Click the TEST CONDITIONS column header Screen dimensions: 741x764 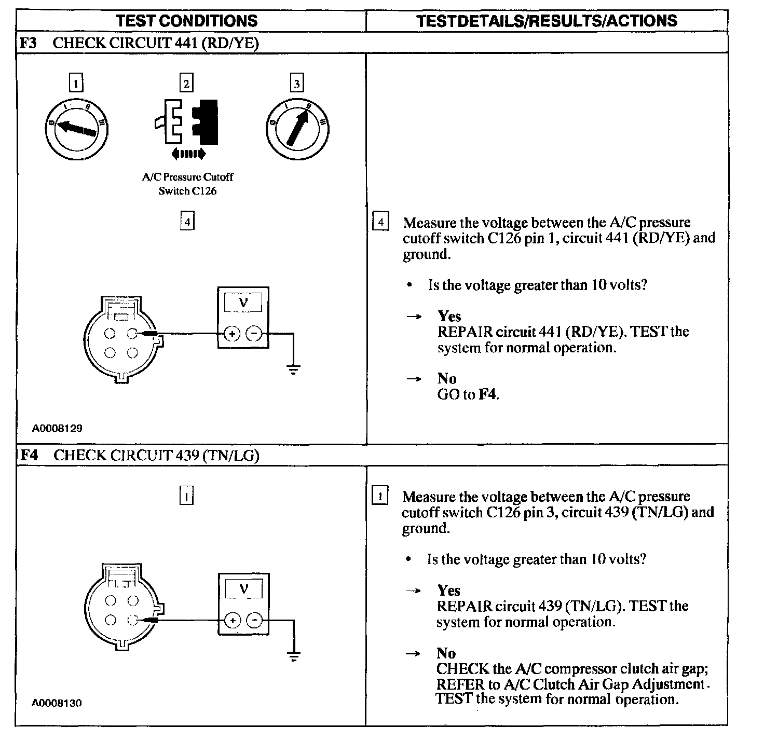187,21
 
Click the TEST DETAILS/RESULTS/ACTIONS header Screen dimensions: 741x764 547,21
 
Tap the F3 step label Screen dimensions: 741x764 28,43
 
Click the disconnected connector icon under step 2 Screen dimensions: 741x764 187,122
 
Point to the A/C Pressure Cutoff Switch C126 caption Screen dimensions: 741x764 187,184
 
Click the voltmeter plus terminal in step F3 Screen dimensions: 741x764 231,334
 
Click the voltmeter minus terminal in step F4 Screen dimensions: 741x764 254,620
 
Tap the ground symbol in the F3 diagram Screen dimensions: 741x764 294,369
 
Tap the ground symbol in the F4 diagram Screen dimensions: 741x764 294,655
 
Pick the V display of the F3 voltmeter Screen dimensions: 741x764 243,302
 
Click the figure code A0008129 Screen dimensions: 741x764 57,429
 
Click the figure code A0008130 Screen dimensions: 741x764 57,703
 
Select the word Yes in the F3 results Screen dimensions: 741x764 449,316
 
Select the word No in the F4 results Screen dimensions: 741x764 446,653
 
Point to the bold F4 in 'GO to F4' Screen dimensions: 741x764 487,394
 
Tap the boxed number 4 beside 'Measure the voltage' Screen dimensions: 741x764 381,222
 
